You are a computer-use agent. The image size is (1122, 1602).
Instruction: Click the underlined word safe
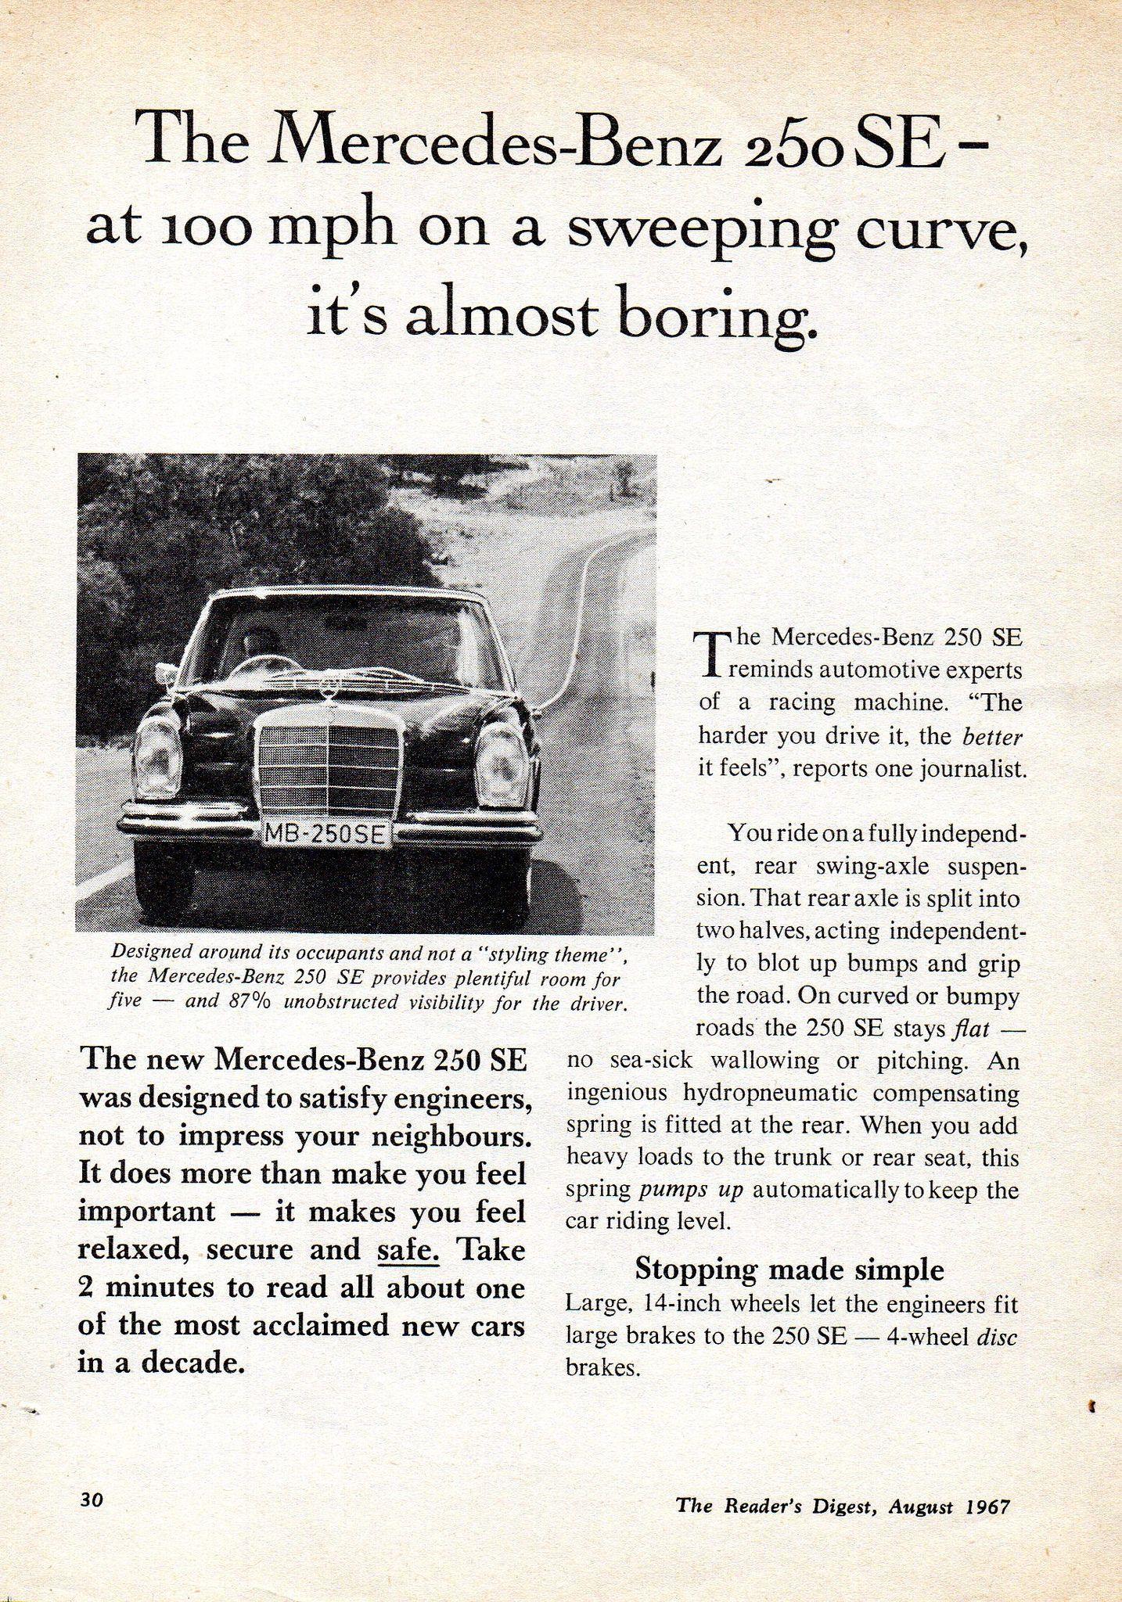coord(408,1249)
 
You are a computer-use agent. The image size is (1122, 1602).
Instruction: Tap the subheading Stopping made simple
coord(789,1268)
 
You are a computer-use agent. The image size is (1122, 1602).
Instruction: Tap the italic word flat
coord(970,1028)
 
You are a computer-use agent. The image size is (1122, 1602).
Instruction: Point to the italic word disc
coord(997,1336)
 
